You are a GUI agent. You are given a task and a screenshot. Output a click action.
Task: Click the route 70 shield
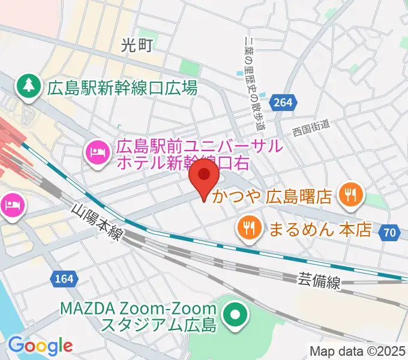[x=390, y=232]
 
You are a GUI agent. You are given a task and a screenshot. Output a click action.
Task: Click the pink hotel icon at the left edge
[x=12, y=206]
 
